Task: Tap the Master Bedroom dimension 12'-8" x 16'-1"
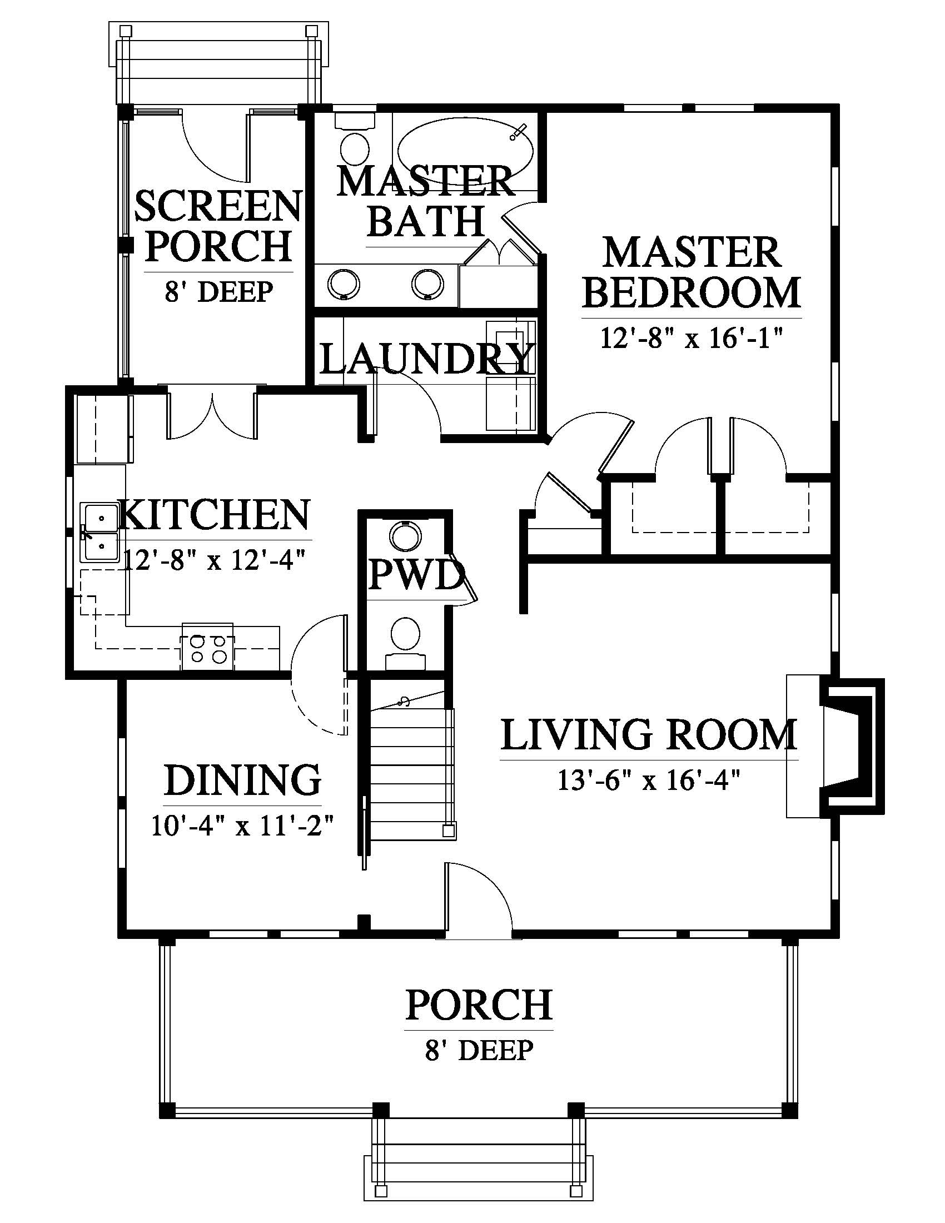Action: pyautogui.click(x=692, y=337)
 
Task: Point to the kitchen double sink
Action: pyautogui.click(x=99, y=532)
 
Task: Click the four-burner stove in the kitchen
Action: pyautogui.click(x=207, y=646)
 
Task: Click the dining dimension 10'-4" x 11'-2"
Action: pyautogui.click(x=243, y=826)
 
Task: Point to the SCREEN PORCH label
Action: pyautogui.click(x=218, y=226)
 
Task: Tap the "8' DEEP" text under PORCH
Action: pyautogui.click(x=479, y=1050)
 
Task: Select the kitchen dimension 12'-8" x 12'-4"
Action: pyautogui.click(x=215, y=559)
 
